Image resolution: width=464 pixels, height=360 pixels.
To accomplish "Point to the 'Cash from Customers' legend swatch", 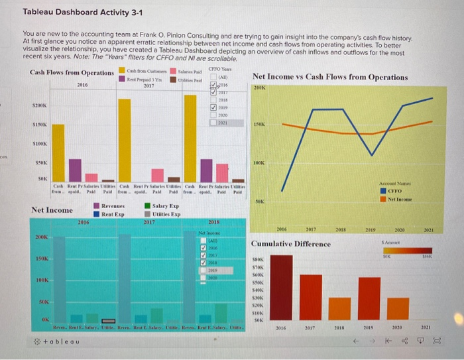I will click(x=121, y=71).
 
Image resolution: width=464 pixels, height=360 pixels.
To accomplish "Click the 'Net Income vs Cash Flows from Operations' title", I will click(x=330, y=77).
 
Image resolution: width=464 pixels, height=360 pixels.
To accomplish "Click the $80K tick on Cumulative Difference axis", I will click(x=259, y=261).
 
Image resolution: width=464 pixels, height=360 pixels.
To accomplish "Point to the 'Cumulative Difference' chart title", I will click(x=291, y=243).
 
